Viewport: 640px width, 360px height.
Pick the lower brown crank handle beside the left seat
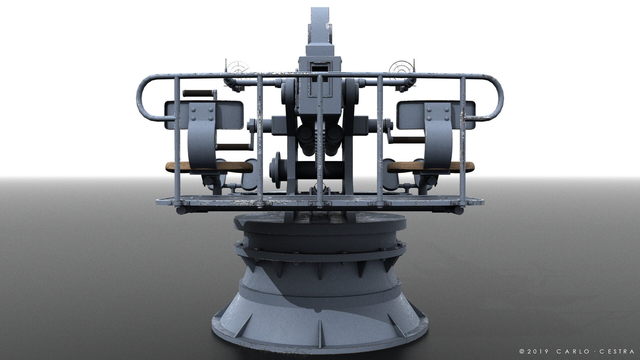[x=235, y=147]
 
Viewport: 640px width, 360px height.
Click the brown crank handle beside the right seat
[x=405, y=139]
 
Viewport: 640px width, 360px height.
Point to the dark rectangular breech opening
[x=320, y=68]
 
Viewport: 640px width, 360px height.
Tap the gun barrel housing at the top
[x=320, y=27]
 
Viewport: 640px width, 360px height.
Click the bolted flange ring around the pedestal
[x=320, y=253]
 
